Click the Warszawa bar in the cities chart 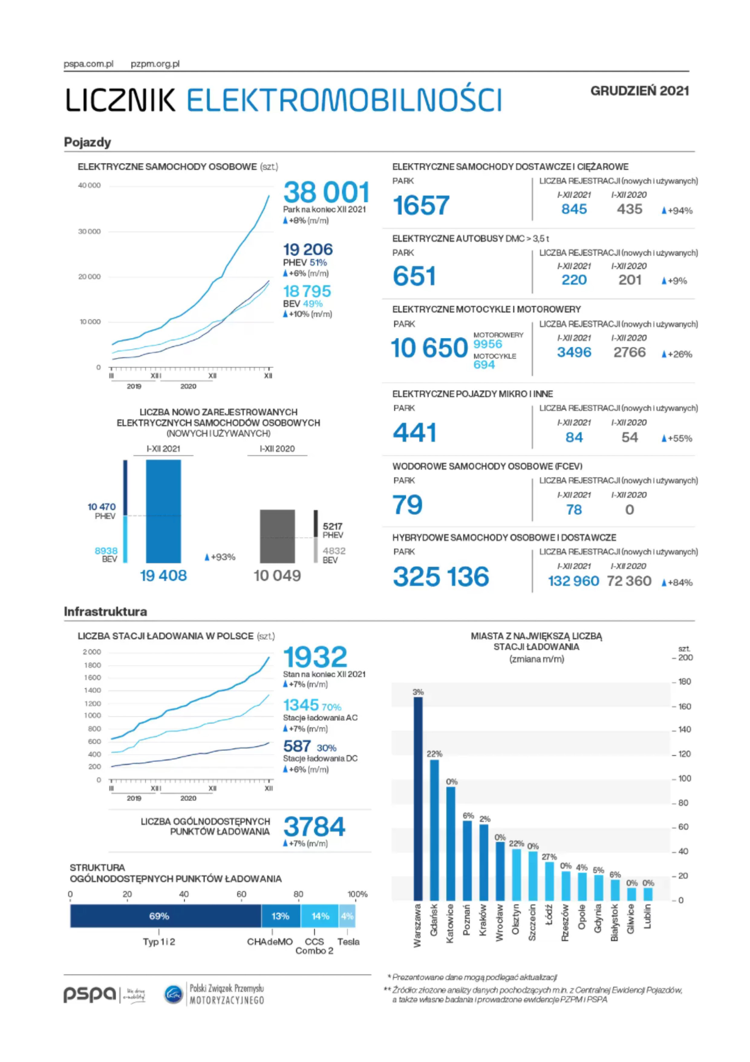[x=418, y=798]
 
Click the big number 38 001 [x=326, y=192]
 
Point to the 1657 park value [x=421, y=205]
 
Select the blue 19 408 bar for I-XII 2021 [x=163, y=511]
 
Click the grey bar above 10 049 [x=277, y=536]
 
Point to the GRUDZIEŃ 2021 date [x=640, y=91]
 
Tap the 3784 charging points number [x=314, y=826]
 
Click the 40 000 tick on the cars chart [x=89, y=186]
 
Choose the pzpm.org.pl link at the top [x=155, y=64]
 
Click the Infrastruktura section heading [x=105, y=612]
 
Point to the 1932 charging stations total [x=315, y=656]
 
